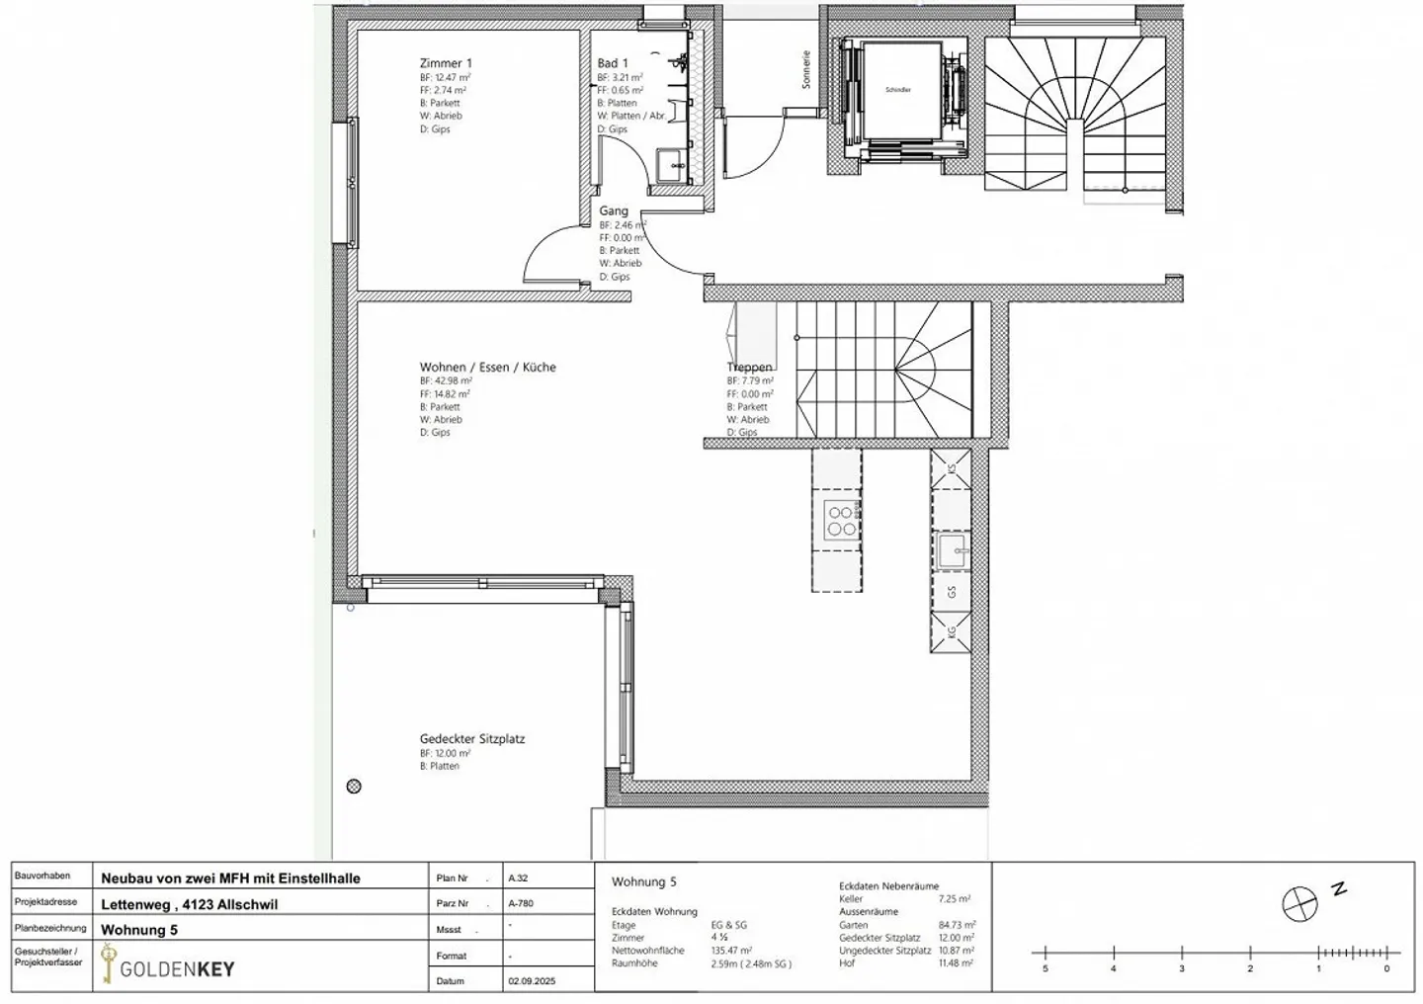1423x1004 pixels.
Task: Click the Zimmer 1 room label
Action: click(x=446, y=63)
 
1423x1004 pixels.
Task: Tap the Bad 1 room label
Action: click(x=612, y=63)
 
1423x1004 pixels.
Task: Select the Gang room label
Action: click(x=613, y=210)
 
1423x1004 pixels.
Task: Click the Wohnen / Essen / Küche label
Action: click(x=487, y=367)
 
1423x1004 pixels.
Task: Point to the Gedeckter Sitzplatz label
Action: click(x=471, y=738)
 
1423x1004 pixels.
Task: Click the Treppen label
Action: click(x=749, y=367)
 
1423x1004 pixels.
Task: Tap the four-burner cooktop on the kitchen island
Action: click(x=841, y=521)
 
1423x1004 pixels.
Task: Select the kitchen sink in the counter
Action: click(x=952, y=550)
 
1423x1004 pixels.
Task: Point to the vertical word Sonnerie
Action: click(x=806, y=70)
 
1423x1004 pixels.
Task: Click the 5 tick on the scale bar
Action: click(x=1045, y=968)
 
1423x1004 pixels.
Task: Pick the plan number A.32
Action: click(x=518, y=878)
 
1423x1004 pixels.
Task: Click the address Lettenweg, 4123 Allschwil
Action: click(x=189, y=903)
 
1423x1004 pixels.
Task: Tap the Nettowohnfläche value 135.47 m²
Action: click(x=731, y=951)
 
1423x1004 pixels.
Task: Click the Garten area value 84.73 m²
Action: click(x=954, y=925)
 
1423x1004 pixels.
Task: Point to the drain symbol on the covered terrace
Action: click(x=354, y=787)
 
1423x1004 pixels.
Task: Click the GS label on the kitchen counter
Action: click(x=952, y=592)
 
